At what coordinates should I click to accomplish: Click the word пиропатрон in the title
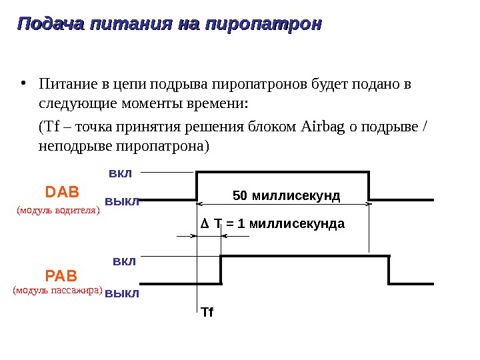click(263, 25)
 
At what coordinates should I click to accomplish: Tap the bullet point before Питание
click(24, 84)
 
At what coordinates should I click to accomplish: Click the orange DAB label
click(62, 193)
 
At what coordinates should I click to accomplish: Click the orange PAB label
click(61, 275)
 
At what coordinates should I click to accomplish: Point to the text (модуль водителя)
click(57, 210)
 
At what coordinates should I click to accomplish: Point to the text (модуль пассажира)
click(58, 291)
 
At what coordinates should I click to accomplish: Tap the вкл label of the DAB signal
click(120, 173)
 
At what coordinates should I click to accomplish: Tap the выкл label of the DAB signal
click(122, 201)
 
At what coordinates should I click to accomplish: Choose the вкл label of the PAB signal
click(124, 261)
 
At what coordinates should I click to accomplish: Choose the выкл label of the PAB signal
click(122, 293)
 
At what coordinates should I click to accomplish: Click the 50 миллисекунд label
click(287, 196)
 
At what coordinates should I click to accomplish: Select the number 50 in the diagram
click(239, 196)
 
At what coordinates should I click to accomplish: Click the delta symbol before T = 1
click(205, 224)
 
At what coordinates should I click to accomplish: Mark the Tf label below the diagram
click(207, 312)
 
